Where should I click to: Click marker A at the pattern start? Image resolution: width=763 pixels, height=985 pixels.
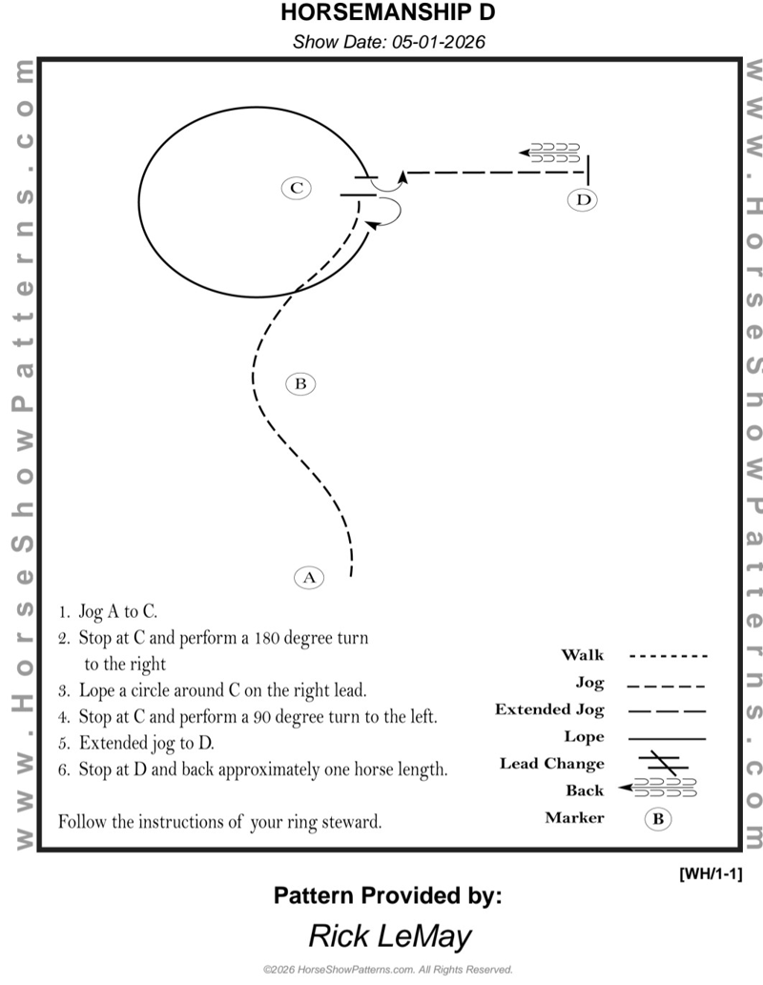(x=308, y=577)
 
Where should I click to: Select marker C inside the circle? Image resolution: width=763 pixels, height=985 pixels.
(x=297, y=188)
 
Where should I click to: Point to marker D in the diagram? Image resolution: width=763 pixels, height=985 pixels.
(x=583, y=199)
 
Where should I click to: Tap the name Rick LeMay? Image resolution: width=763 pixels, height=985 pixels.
(x=389, y=935)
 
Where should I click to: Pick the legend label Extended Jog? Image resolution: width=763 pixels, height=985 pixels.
(x=549, y=710)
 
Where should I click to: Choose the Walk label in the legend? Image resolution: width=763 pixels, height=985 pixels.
(x=582, y=655)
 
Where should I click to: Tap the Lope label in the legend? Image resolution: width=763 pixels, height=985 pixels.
(x=584, y=737)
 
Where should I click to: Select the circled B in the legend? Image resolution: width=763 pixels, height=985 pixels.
(x=657, y=818)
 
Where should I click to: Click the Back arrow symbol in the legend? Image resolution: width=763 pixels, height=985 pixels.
(x=658, y=788)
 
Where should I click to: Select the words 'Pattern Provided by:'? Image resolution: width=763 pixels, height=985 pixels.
(x=387, y=895)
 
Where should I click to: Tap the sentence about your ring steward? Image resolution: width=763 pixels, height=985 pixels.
(x=220, y=820)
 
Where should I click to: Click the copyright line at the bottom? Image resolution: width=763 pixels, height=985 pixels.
(x=388, y=970)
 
